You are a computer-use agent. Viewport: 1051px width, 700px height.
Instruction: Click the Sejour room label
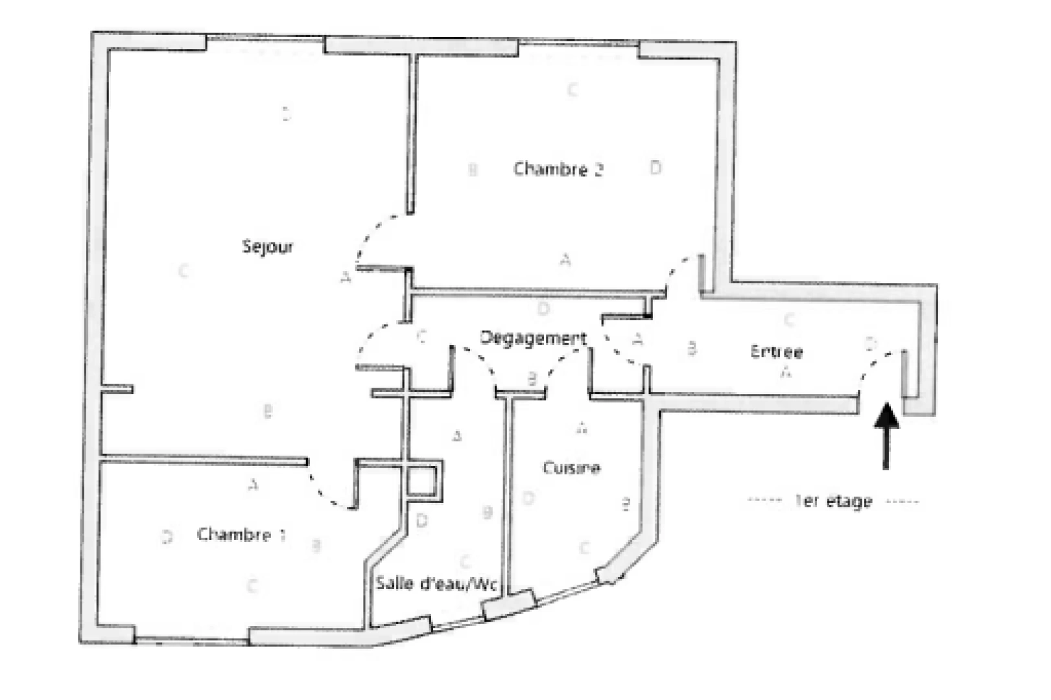pos(268,247)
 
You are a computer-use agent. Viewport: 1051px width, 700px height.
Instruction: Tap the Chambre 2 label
pos(558,169)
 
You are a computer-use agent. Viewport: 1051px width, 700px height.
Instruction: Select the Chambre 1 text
pos(241,535)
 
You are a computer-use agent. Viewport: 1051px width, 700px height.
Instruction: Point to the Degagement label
pos(533,338)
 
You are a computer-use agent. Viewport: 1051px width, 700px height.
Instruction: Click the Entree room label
pos(776,352)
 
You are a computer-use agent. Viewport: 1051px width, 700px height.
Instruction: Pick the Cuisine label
pos(571,468)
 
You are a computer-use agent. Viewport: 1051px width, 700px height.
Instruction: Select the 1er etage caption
pos(833,501)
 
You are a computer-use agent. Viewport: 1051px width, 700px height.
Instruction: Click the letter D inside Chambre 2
pos(655,168)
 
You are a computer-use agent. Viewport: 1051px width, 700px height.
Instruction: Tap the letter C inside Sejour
pos(183,270)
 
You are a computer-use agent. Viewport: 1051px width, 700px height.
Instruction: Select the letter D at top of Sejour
pos(286,114)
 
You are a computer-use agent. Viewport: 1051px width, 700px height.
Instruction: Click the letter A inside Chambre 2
pos(565,261)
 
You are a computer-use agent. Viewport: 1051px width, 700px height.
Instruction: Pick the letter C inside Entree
pos(789,320)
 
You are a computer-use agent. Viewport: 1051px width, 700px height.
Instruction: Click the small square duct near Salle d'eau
pos(425,480)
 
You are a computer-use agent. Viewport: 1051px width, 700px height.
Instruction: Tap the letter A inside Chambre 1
pos(253,484)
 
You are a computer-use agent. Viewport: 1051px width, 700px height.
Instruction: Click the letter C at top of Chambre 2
pos(572,89)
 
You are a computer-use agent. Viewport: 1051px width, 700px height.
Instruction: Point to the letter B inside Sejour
pos(267,411)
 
